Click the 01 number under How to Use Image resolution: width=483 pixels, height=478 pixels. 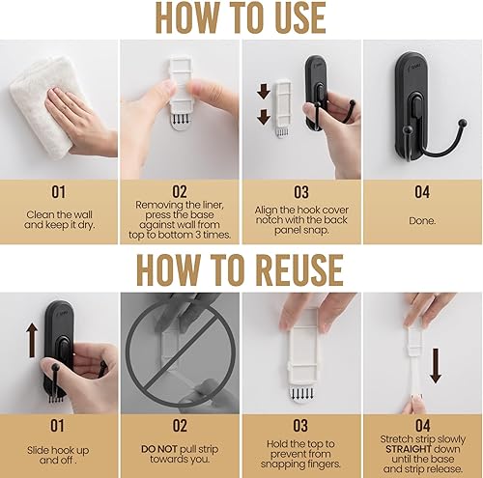[x=60, y=192]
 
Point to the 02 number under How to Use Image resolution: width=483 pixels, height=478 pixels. [x=180, y=192]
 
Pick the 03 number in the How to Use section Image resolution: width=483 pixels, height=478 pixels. [x=300, y=192]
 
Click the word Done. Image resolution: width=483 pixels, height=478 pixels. [x=421, y=219]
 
